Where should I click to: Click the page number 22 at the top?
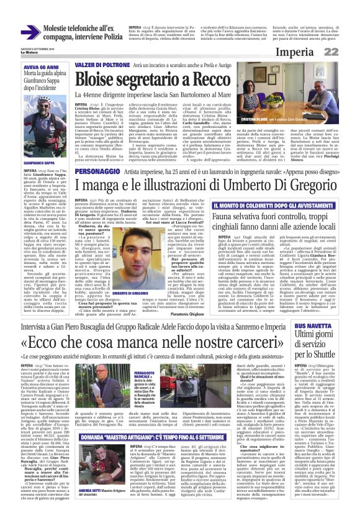pos(348,51)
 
